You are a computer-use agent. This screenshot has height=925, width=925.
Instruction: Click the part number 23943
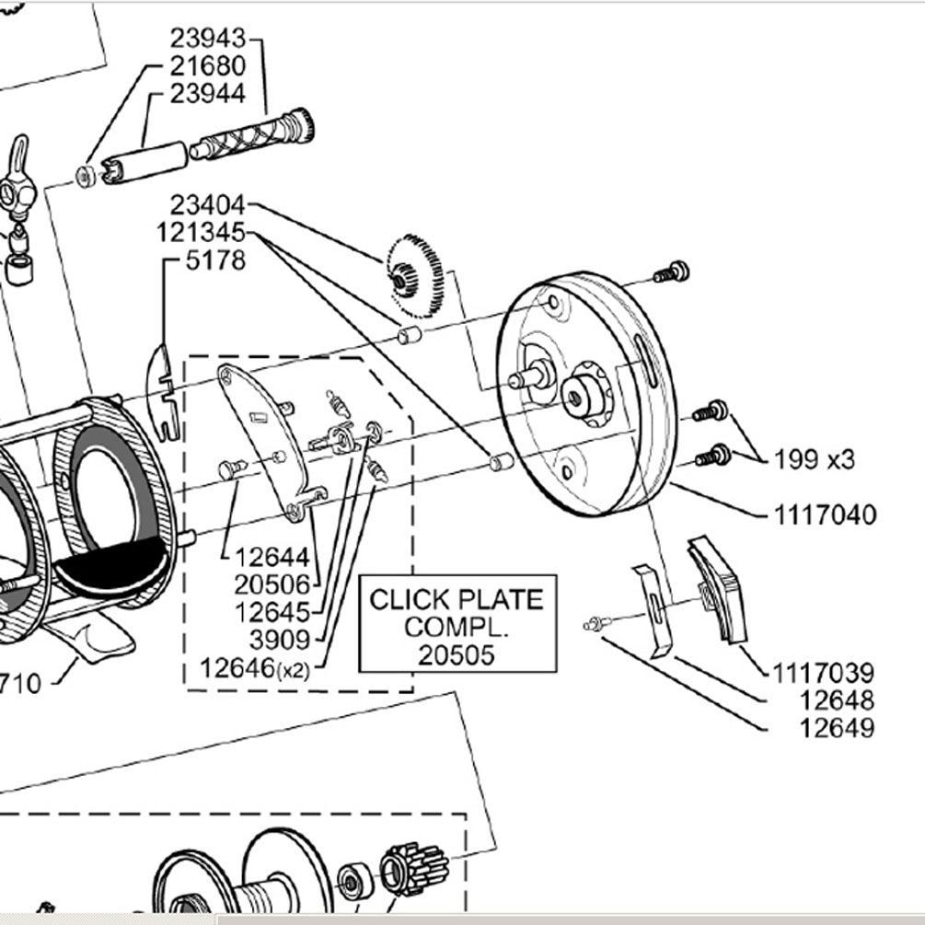coord(207,39)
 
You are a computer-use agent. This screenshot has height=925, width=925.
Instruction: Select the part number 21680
coord(207,66)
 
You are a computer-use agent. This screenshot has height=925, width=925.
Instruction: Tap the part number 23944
coord(207,94)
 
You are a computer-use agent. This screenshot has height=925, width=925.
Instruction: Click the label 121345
coord(201,232)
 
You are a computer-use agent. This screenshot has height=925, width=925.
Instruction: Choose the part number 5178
coord(215,261)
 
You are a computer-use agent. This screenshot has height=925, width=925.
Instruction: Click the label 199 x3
coord(814,459)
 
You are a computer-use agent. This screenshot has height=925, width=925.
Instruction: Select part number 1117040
coord(824,515)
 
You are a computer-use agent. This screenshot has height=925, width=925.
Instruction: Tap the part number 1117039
coord(824,673)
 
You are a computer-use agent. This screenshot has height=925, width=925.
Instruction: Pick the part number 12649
coord(837,728)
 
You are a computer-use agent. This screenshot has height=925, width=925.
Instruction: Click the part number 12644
coord(272,558)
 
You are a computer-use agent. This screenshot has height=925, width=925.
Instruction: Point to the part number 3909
coord(280,640)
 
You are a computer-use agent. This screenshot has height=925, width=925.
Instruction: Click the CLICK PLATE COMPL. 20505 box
coord(457,626)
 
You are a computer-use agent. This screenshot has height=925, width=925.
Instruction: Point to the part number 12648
coord(837,700)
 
